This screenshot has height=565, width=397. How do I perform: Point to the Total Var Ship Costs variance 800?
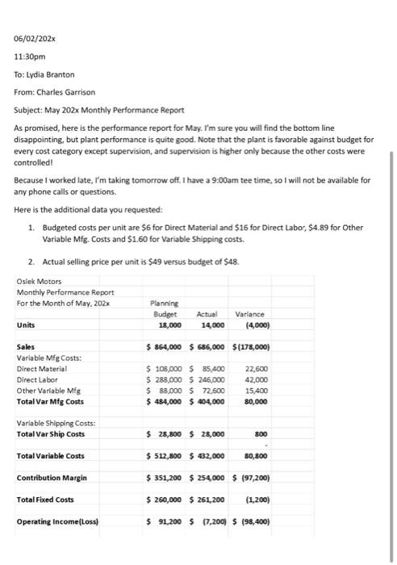pos(262,433)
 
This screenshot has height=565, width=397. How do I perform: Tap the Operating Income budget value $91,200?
pos(168,521)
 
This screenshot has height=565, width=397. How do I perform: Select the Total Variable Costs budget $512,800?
pos(168,456)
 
